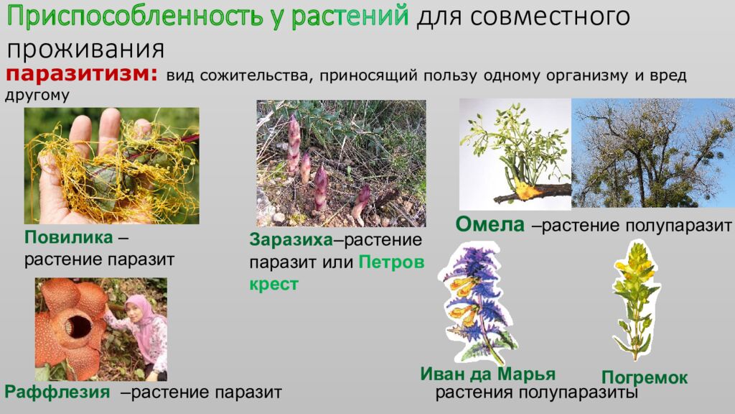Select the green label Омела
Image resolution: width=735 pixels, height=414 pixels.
pos(490,225)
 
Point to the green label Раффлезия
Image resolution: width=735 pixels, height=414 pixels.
pos(57,392)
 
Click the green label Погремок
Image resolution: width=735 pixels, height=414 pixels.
pos(644,378)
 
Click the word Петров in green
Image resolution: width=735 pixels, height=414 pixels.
pos(391,262)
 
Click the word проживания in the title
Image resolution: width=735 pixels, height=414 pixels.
pos(86,50)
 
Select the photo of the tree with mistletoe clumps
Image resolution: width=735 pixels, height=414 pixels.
pos(652,152)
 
